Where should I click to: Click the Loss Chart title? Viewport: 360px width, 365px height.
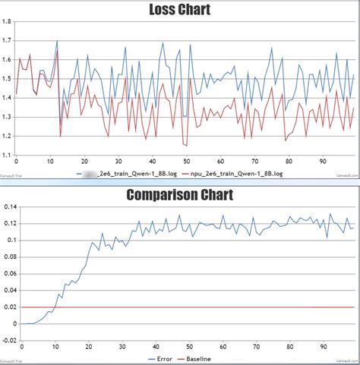(179, 10)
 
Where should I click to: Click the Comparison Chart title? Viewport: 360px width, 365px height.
(179, 194)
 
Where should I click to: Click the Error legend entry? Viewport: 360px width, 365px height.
(163, 358)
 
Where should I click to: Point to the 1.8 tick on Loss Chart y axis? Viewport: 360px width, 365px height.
(7, 21)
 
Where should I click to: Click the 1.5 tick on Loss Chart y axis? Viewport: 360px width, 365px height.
(7, 79)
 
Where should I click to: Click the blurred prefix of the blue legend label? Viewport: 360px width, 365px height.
(91, 173)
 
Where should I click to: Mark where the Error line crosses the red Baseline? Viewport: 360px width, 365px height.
(51, 307)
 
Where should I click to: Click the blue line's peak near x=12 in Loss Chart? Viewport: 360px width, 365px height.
(57, 41)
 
